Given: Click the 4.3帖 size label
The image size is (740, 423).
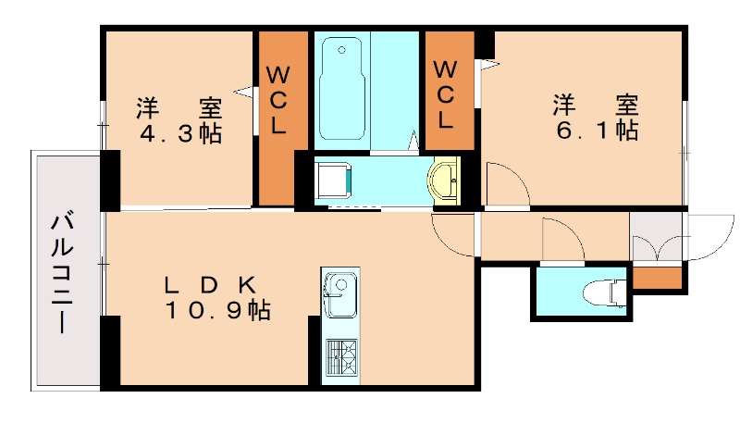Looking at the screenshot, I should coord(180,133).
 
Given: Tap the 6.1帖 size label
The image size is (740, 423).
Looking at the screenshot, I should coord(597,131).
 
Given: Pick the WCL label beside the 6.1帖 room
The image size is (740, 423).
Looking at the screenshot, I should coord(446,93).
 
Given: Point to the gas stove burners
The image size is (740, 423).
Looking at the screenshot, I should coord(339,357).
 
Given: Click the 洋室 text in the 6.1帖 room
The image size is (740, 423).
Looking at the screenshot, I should coord(597,102).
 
